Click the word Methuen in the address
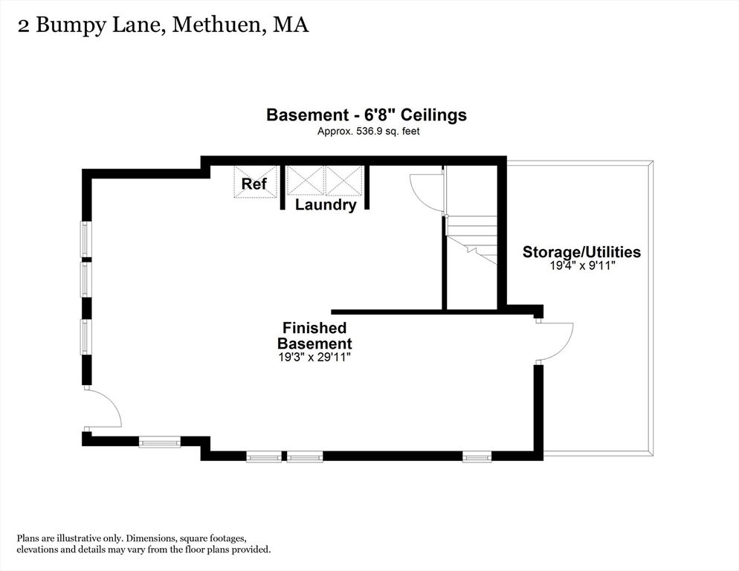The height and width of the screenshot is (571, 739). point(216,25)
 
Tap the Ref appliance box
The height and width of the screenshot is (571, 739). point(256,181)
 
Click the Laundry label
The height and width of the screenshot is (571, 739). point(326,205)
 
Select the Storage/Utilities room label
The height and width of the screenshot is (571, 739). point(581,252)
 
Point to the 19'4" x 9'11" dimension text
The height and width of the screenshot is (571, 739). point(583,266)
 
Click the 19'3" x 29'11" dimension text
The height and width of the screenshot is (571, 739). point(314,358)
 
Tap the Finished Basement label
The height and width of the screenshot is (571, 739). point(314,335)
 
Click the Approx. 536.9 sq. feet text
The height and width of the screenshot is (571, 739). point(368,132)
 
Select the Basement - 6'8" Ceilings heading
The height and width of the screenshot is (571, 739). point(367,115)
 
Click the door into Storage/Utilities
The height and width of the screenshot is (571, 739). point(555,343)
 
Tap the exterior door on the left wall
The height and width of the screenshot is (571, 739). point(103,409)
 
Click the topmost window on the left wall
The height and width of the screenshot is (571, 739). point(86,239)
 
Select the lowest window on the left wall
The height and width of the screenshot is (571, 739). point(86,337)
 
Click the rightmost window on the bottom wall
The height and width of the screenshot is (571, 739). point(477,457)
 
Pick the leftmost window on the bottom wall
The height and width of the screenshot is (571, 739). point(159,442)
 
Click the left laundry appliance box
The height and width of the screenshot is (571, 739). point(306,180)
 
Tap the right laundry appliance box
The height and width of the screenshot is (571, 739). point(344,180)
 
